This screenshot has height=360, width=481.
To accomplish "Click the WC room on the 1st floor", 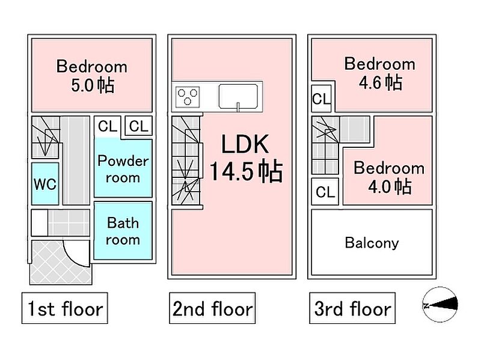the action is (45, 184).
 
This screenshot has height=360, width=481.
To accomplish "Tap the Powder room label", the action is (123, 169).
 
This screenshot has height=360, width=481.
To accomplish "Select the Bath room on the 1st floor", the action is (123, 231).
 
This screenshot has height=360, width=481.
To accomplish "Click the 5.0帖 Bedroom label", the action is (92, 76).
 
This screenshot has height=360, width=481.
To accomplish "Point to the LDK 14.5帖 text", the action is (246, 158).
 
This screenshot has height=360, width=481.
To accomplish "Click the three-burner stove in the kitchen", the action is (188, 97).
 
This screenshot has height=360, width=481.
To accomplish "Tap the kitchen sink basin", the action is (238, 96).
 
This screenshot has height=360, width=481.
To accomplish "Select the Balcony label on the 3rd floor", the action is (372, 243).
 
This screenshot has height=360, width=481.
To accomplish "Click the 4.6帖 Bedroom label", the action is (380, 73).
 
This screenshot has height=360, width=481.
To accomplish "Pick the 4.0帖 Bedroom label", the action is (389, 177).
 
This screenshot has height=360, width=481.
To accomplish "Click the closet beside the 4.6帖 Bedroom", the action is (322, 99).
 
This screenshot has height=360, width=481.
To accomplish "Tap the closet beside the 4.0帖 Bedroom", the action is (325, 192).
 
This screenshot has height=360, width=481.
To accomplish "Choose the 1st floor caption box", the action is (65, 308).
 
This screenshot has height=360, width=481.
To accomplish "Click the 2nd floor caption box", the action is (212, 308).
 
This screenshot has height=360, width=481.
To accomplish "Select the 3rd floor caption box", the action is (352, 308).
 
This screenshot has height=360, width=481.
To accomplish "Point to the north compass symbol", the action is (440, 305).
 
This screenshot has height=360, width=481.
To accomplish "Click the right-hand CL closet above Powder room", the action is (139, 126).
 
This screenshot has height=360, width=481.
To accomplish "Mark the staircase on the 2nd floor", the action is (186, 160).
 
